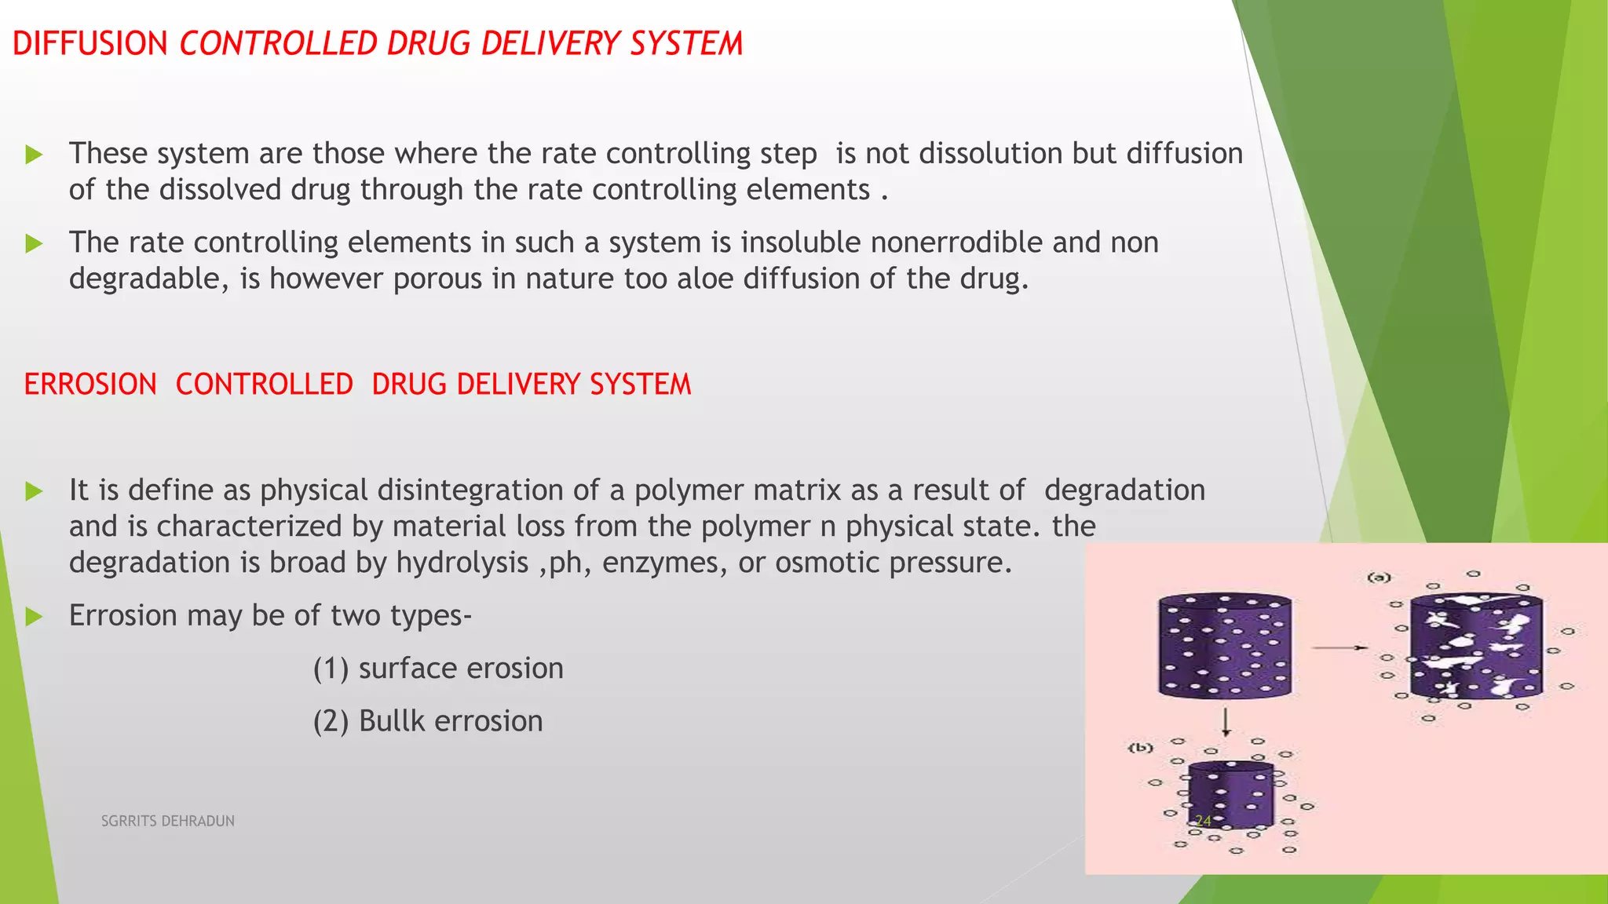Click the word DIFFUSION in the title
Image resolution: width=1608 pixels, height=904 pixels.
[x=90, y=44]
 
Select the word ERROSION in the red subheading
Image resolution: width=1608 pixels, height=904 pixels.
[x=90, y=385]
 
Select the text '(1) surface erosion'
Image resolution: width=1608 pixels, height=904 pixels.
[x=438, y=669]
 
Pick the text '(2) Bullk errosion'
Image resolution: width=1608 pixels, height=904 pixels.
[x=428, y=721]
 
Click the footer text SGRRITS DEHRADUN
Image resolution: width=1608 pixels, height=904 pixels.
[x=168, y=821]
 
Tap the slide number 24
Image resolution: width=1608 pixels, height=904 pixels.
[x=1203, y=821]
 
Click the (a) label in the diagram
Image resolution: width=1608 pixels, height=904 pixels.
[x=1379, y=578]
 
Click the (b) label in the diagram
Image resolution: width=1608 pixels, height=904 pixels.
[x=1140, y=748]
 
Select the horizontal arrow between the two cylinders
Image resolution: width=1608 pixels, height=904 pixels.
[x=1339, y=647]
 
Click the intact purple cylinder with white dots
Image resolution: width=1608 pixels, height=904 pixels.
[x=1225, y=646]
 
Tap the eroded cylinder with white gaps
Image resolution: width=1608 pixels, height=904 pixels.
[x=1476, y=647]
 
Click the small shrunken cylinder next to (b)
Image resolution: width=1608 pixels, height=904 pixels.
[x=1230, y=795]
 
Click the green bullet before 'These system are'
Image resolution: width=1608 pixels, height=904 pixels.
[x=34, y=155]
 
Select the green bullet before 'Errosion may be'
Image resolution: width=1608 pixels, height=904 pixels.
[x=34, y=617]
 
